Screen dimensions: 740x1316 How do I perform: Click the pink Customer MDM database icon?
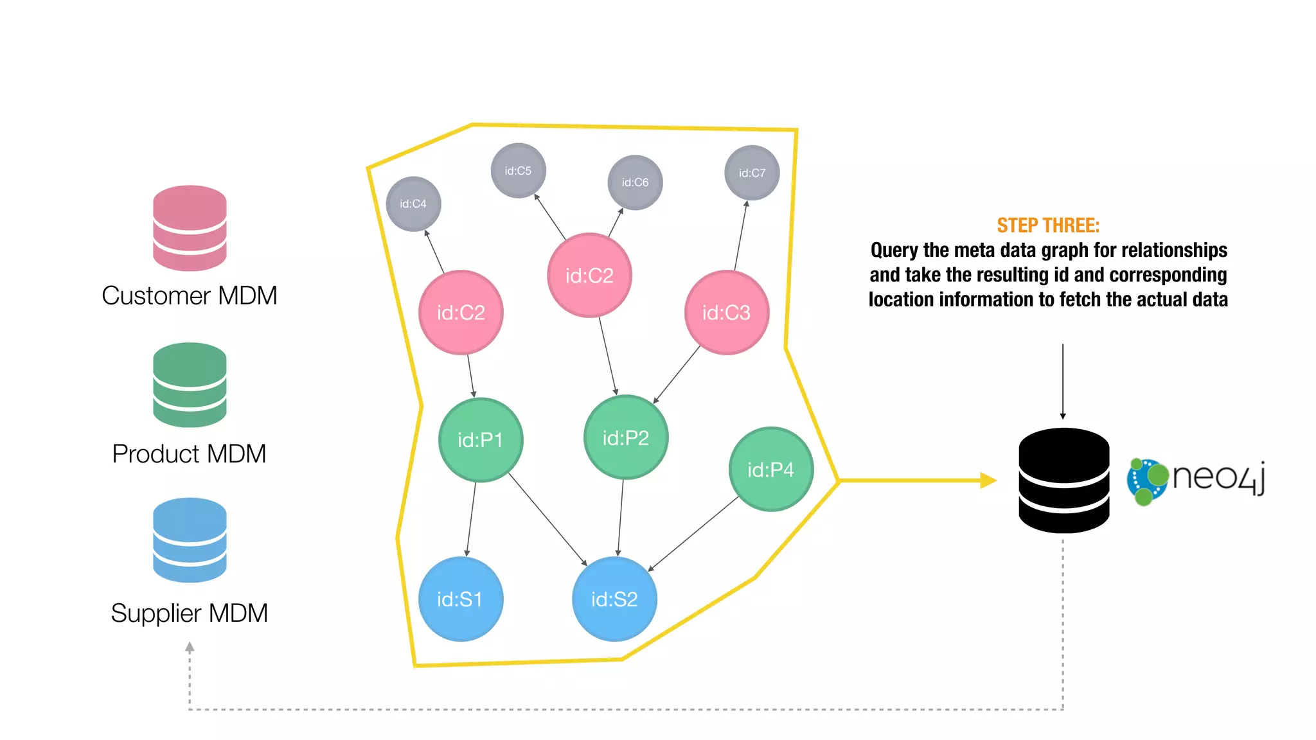(190, 228)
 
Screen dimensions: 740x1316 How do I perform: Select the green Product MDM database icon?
(190, 385)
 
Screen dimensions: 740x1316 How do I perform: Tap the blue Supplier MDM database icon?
(190, 540)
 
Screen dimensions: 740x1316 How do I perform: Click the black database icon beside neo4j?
(1063, 480)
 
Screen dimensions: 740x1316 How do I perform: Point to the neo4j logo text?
(1218, 477)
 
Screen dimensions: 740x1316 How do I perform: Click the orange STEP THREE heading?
(1048, 225)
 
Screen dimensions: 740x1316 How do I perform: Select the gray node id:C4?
(413, 204)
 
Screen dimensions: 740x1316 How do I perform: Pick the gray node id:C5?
(518, 171)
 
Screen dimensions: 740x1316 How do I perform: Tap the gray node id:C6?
(635, 182)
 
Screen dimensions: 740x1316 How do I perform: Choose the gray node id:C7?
(752, 173)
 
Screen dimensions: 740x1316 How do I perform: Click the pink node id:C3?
(726, 313)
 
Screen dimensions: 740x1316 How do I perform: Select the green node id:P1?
(480, 440)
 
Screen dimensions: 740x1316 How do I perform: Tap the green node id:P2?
(625, 438)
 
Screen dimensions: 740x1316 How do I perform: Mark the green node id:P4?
(770, 470)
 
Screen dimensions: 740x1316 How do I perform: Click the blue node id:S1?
(460, 599)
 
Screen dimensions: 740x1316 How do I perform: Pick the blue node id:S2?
(614, 599)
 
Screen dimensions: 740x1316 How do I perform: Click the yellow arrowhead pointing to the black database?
(988, 480)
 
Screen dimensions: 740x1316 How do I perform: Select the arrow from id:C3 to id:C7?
(740, 236)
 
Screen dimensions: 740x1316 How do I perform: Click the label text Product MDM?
(189, 454)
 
